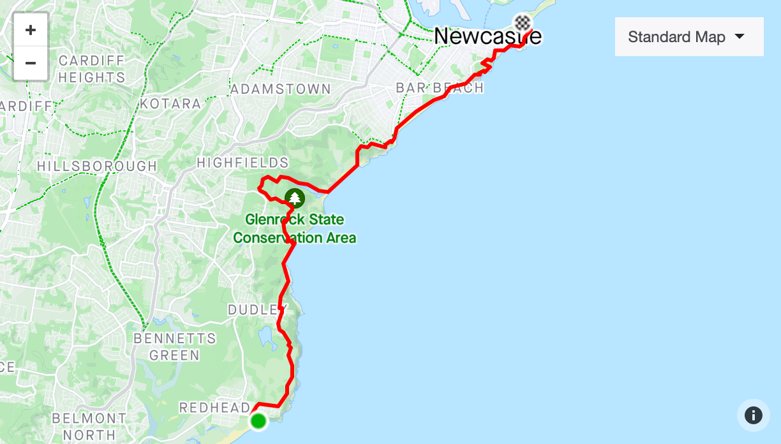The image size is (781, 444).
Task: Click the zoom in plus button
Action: (x=30, y=30)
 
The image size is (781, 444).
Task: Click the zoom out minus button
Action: (x=30, y=63)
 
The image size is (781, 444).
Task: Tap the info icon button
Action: (x=753, y=416)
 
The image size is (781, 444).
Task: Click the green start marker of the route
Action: (x=258, y=421)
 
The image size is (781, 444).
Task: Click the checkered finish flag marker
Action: (x=523, y=23)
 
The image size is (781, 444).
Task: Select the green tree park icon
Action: (x=294, y=198)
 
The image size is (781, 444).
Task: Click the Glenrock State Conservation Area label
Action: (x=294, y=228)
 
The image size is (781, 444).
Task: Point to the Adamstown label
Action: (x=281, y=89)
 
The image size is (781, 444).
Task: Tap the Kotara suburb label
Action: (x=170, y=103)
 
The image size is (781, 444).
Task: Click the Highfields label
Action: (x=242, y=163)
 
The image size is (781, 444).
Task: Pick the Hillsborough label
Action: (x=97, y=166)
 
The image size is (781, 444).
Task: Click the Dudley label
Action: (x=253, y=310)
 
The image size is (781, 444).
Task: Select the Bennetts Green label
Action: (x=175, y=346)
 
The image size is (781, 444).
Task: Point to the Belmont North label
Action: (x=89, y=427)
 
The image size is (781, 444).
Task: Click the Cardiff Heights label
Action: (x=92, y=69)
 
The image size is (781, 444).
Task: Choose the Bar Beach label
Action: (x=440, y=88)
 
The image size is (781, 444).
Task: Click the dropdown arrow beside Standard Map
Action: (x=740, y=36)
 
